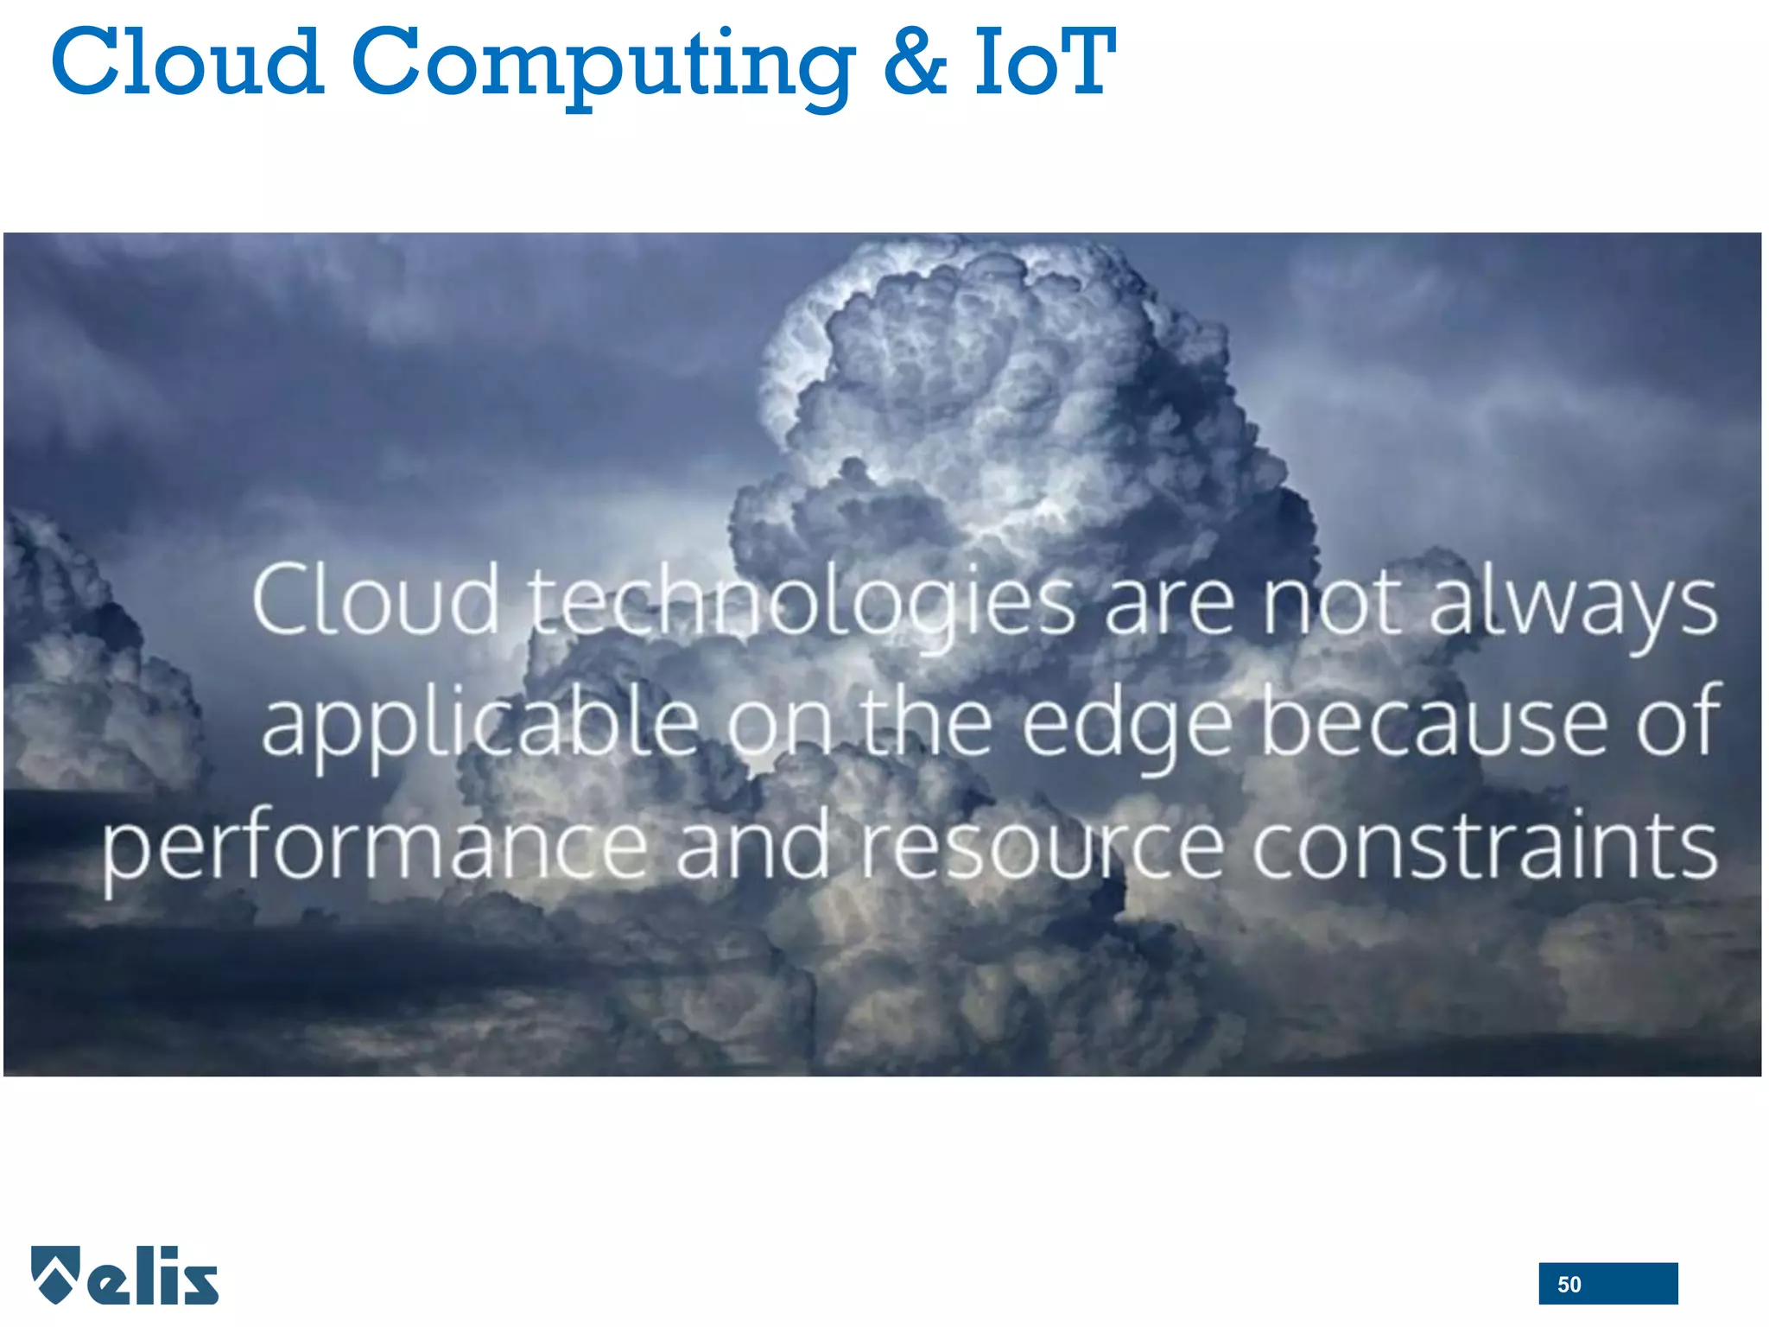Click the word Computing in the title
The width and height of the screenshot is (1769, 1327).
602,65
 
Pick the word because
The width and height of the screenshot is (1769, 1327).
1433,721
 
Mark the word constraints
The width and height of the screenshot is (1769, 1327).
1484,843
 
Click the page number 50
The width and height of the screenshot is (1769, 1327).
1569,1285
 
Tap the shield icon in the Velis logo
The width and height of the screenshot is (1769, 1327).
56,1273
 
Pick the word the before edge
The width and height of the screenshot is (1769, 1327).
925,721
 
